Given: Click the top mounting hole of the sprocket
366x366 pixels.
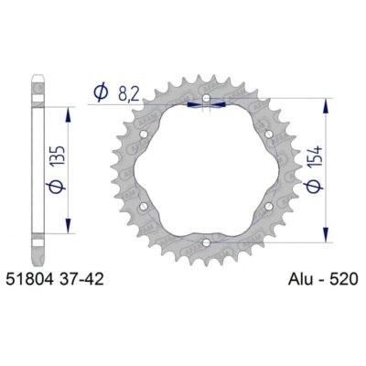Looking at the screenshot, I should (207, 98).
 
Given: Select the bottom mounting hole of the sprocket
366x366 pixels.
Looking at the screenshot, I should (207, 242).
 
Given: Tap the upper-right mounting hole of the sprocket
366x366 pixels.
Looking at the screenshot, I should (268, 135).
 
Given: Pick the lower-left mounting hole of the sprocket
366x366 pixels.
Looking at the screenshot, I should (145, 206).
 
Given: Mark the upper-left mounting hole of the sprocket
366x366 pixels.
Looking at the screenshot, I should (145, 135).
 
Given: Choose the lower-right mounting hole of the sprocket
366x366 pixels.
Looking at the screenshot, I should (268, 206).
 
